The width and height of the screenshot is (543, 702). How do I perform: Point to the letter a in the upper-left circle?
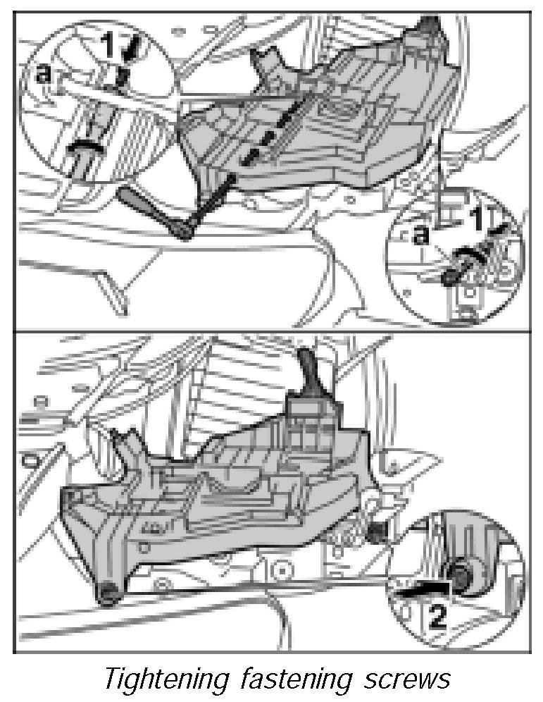pos(43,74)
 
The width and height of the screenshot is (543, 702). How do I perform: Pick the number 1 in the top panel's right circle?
pos(478,218)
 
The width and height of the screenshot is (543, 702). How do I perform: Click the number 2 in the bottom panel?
pos(437,616)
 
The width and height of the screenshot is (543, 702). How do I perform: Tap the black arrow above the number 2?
pos(423,588)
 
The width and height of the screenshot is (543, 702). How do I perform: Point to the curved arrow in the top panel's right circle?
pos(469,254)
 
